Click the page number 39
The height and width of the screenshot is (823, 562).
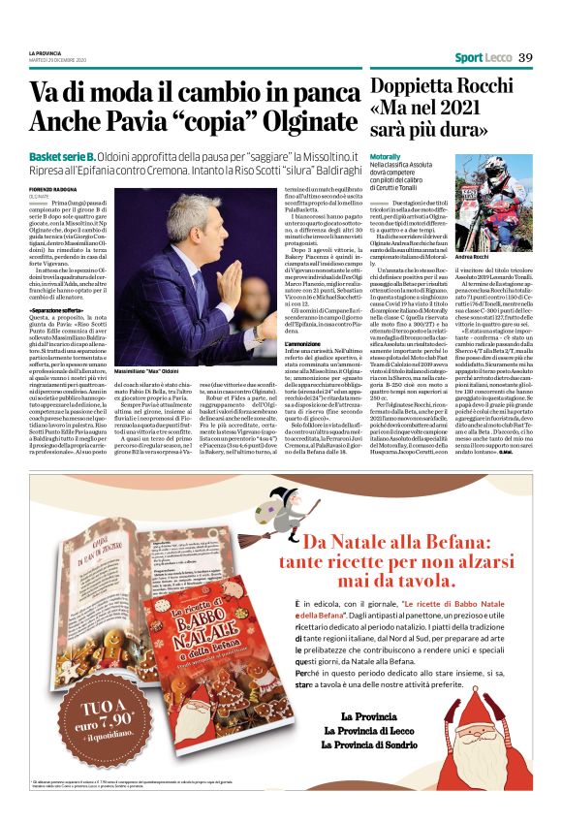click(525, 57)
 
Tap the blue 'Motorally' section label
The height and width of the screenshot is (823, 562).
click(386, 156)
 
